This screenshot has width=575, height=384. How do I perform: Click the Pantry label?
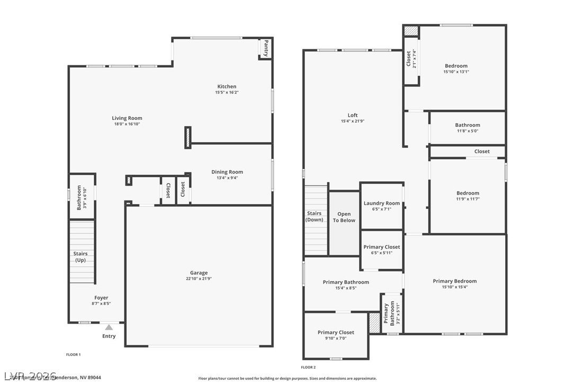266,48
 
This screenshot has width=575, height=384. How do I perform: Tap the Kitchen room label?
227,86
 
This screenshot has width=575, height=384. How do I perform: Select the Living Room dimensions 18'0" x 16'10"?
127,124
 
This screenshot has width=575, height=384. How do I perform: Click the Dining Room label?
227,172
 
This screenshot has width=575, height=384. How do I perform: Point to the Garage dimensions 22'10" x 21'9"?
199,279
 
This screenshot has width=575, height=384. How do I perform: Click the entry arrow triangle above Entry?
109,327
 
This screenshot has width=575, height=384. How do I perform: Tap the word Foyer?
101,298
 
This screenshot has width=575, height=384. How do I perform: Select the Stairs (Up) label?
80,257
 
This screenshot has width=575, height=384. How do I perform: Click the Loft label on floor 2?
353,115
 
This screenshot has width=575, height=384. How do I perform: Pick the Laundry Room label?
381,203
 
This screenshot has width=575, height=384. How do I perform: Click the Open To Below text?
344,217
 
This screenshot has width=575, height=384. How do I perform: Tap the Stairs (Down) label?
315,216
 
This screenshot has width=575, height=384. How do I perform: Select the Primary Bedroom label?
454,281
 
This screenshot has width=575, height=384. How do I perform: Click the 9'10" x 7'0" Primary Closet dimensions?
336,338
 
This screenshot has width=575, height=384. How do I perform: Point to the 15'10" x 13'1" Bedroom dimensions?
456,72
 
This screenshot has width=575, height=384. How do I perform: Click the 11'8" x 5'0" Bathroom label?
468,125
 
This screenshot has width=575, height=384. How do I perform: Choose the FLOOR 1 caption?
73,354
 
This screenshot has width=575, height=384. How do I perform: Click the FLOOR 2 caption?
308,367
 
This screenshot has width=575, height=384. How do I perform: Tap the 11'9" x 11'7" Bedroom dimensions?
468,199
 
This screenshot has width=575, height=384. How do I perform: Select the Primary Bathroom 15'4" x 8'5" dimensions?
346,288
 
